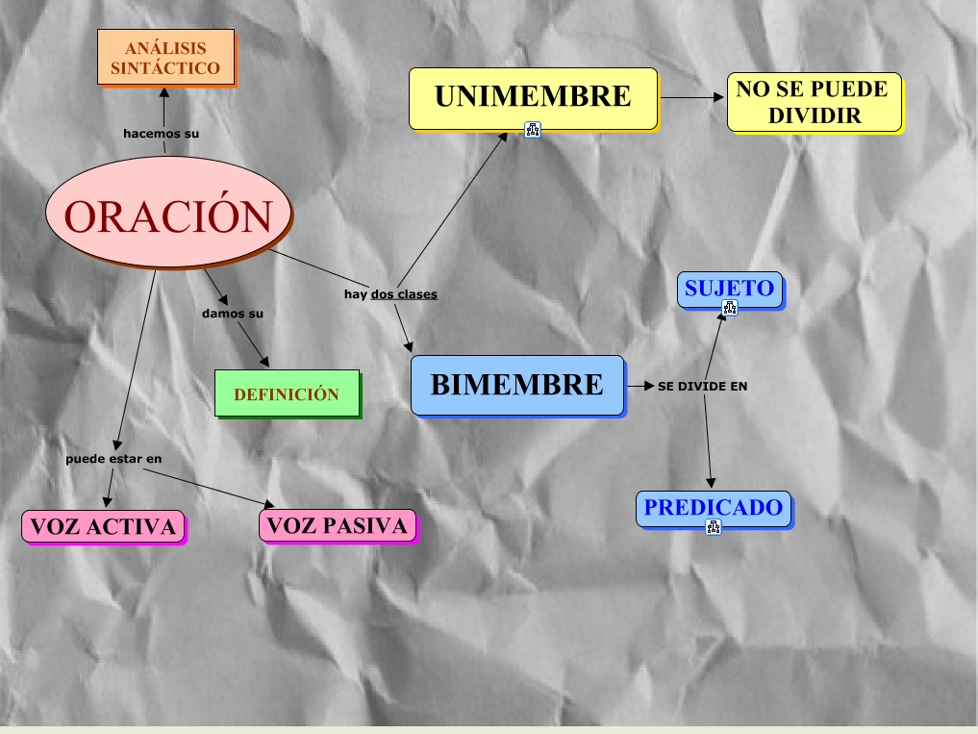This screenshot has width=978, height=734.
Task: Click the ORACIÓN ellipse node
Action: point(168,215)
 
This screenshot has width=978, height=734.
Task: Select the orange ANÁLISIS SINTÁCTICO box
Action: point(165,57)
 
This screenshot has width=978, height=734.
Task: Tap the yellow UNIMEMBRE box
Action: point(533,98)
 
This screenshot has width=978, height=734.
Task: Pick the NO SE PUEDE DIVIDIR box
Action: point(814,102)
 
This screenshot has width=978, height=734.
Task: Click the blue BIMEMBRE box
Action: point(517,385)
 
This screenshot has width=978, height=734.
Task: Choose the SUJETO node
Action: point(730,289)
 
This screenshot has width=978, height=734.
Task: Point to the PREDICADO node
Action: point(713,508)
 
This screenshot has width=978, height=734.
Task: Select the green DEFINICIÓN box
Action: point(287,394)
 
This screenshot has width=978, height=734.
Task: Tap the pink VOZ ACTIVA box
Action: point(103,526)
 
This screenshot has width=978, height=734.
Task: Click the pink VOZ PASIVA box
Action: point(338,525)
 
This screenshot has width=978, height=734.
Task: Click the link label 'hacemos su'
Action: point(162,134)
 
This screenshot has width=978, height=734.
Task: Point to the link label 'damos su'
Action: point(233,314)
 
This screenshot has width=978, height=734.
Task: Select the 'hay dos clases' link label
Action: point(390,294)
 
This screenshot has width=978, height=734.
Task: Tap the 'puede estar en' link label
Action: point(113,459)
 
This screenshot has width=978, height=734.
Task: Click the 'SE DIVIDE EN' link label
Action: point(702,387)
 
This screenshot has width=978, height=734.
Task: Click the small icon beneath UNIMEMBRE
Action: point(533,130)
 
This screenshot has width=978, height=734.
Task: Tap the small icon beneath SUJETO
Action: point(730,308)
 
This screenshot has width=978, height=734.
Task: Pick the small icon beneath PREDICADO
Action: point(713,526)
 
